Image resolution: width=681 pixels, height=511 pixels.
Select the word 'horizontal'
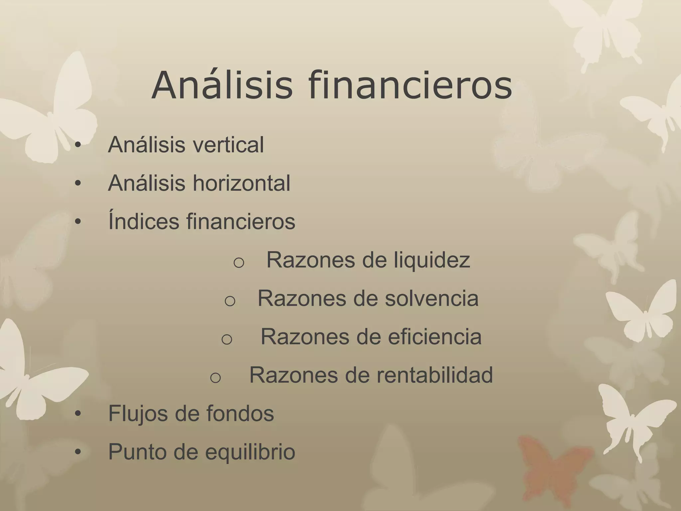click(x=241, y=183)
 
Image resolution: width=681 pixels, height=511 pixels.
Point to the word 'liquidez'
click(x=432, y=260)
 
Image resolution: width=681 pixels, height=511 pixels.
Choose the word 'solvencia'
click(x=431, y=298)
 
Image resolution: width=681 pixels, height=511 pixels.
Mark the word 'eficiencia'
click(x=434, y=337)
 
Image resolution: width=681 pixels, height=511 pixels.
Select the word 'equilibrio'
click(x=250, y=452)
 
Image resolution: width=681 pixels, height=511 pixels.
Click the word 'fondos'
click(x=240, y=414)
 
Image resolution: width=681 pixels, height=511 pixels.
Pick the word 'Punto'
click(x=137, y=452)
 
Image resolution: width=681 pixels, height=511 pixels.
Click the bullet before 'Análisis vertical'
click(x=78, y=145)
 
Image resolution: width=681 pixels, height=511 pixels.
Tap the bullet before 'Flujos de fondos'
click(x=78, y=414)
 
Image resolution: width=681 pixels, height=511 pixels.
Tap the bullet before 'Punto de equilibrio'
click(x=78, y=452)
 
